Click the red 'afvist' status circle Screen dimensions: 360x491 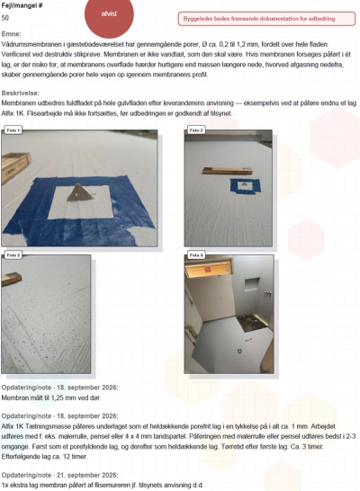(x=109, y=14)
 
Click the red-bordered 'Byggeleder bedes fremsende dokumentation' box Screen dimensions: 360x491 (x=266, y=19)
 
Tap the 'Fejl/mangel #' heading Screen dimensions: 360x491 (x=22, y=5)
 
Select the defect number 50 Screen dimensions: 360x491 (x=5, y=18)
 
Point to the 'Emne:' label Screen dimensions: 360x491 (x=12, y=34)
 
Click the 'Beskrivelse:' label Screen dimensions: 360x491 (x=21, y=93)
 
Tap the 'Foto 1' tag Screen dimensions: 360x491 (x=13, y=130)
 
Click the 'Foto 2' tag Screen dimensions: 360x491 (x=196, y=130)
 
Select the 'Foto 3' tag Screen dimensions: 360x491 (x=13, y=255)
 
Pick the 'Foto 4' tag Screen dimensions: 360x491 (x=196, y=255)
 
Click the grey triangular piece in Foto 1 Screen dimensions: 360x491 (x=79, y=192)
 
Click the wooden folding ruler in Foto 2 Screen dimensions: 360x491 (x=227, y=171)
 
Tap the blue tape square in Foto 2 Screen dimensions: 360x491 (x=246, y=186)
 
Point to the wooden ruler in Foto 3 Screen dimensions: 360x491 (x=11, y=279)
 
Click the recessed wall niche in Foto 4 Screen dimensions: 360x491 (x=252, y=284)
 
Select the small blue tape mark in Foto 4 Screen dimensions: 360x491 (x=238, y=351)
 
